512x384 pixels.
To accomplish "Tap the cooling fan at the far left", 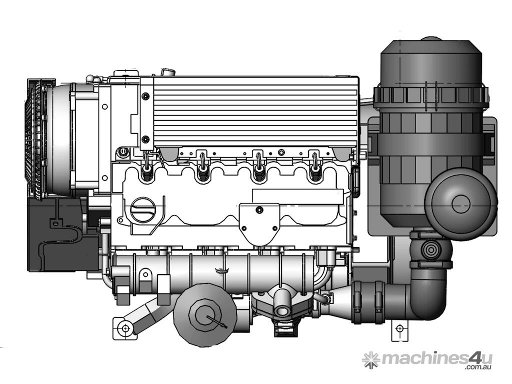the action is coord(36,139).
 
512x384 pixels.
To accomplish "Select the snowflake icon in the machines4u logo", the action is coord(370,360).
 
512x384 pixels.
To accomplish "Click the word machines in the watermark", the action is coord(425,358).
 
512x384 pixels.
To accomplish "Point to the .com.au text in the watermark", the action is coord(478,367).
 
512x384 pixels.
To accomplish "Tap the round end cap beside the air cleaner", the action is coord(460,203).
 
